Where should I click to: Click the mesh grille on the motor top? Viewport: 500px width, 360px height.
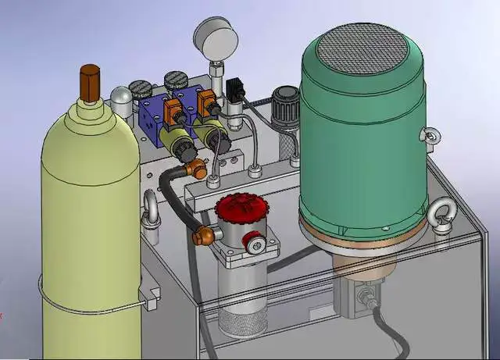(362, 48)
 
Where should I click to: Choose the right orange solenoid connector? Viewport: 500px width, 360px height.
(207, 102)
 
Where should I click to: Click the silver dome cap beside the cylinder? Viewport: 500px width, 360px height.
(122, 98)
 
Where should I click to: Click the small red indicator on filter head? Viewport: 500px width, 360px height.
(250, 240)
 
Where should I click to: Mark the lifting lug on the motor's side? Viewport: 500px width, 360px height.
(428, 136)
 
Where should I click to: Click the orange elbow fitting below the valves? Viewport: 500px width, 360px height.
(198, 167)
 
